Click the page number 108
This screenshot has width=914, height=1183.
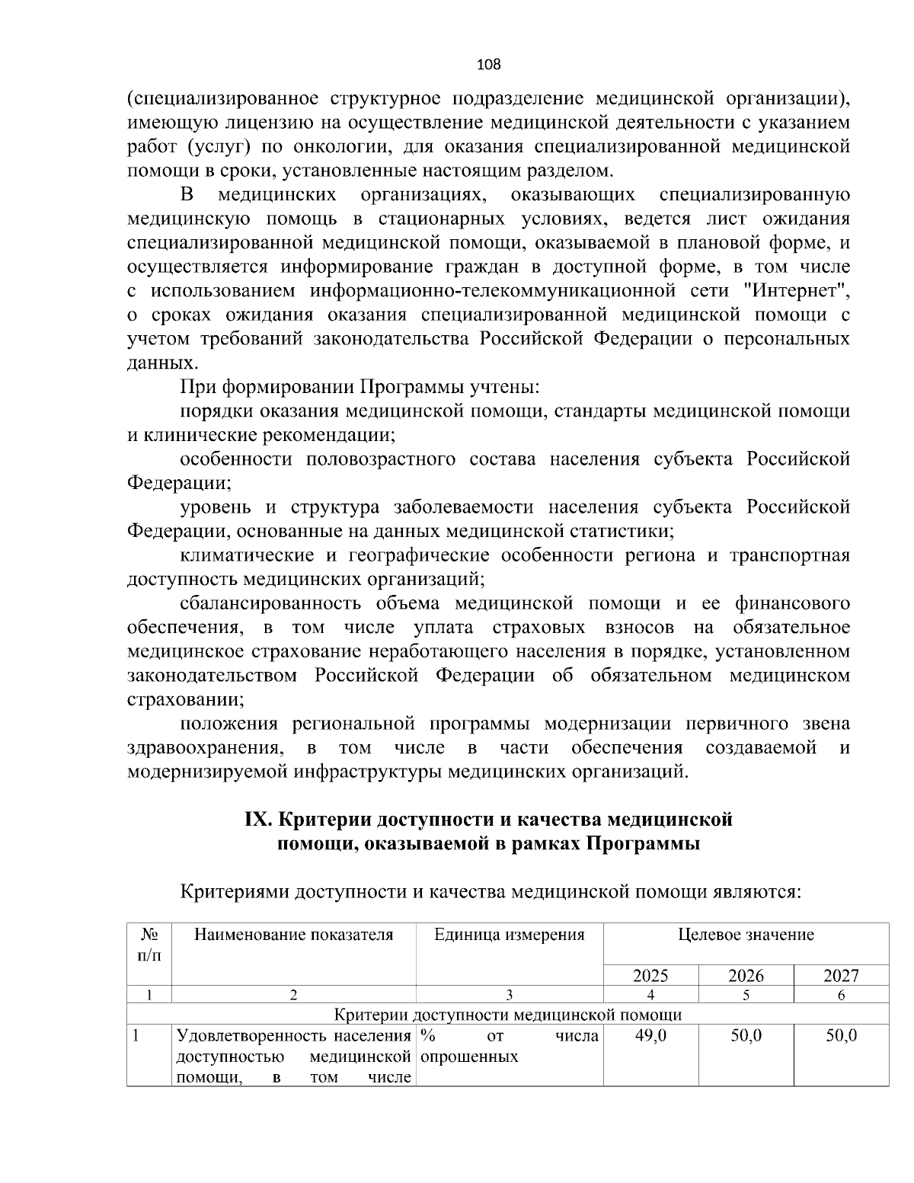(x=488, y=65)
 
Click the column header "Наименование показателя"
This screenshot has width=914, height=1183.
(x=294, y=935)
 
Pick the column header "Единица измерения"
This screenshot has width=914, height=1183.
(x=510, y=935)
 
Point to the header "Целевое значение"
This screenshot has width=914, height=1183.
(x=746, y=935)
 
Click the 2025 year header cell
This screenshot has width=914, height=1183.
(x=650, y=976)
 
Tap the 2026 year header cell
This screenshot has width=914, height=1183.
(x=746, y=976)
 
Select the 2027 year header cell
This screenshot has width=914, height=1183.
(x=841, y=976)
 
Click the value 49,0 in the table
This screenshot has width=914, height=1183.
(x=650, y=1036)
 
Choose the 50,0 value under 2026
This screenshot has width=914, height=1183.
(x=746, y=1036)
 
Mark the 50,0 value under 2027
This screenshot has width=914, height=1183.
(x=841, y=1036)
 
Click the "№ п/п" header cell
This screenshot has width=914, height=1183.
(x=149, y=944)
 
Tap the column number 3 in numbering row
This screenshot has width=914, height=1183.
(x=510, y=994)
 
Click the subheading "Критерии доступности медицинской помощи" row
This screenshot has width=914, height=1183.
(x=508, y=1015)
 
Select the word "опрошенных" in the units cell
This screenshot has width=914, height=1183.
(x=469, y=1057)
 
